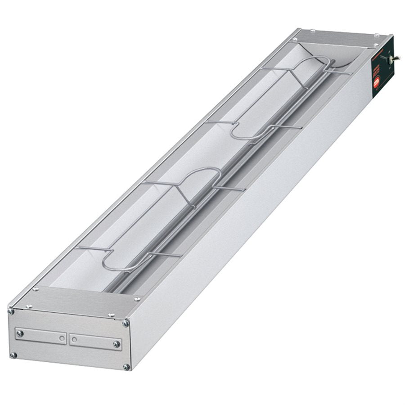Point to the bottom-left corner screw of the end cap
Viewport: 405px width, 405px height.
13,355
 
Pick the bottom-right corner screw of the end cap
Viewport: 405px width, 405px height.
126,367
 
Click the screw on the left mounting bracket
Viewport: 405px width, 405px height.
20,333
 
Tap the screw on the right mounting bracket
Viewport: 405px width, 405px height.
117,344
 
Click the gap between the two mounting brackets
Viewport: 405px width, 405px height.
68,337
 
